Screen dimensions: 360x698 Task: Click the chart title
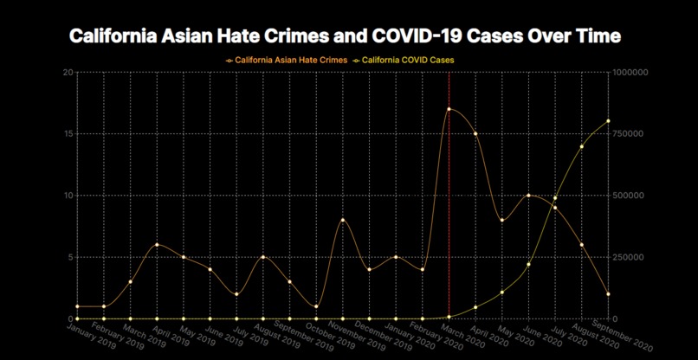[345, 36]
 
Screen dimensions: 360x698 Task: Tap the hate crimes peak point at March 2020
[449, 109]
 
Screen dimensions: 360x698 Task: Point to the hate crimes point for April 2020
[475, 134]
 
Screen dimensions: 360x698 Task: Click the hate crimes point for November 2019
[342, 220]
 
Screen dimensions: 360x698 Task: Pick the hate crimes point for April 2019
[157, 245]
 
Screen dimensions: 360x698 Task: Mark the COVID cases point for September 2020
[608, 121]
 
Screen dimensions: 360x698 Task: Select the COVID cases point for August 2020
[581, 146]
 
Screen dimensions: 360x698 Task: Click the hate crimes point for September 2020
[608, 294]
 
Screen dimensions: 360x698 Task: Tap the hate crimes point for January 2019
[77, 306]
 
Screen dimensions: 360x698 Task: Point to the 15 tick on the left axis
[68, 133]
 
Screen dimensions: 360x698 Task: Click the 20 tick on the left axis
[68, 72]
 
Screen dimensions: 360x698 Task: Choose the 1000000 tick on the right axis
[630, 72]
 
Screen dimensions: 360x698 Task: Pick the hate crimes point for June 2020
[528, 196]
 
